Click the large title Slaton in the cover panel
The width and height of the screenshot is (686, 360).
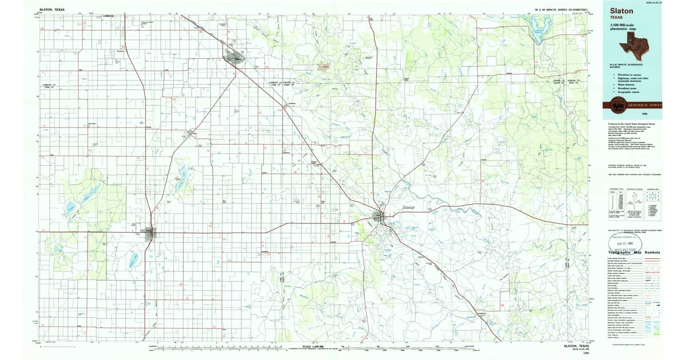tap(621, 10)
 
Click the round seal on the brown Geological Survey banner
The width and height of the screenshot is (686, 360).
tap(617, 105)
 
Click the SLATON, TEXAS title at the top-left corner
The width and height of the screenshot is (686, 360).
tap(52, 10)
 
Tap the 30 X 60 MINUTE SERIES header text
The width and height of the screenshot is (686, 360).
tap(563, 10)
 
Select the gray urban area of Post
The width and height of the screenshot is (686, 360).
tap(379, 217)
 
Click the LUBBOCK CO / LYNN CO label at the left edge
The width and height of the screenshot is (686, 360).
tap(51, 88)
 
